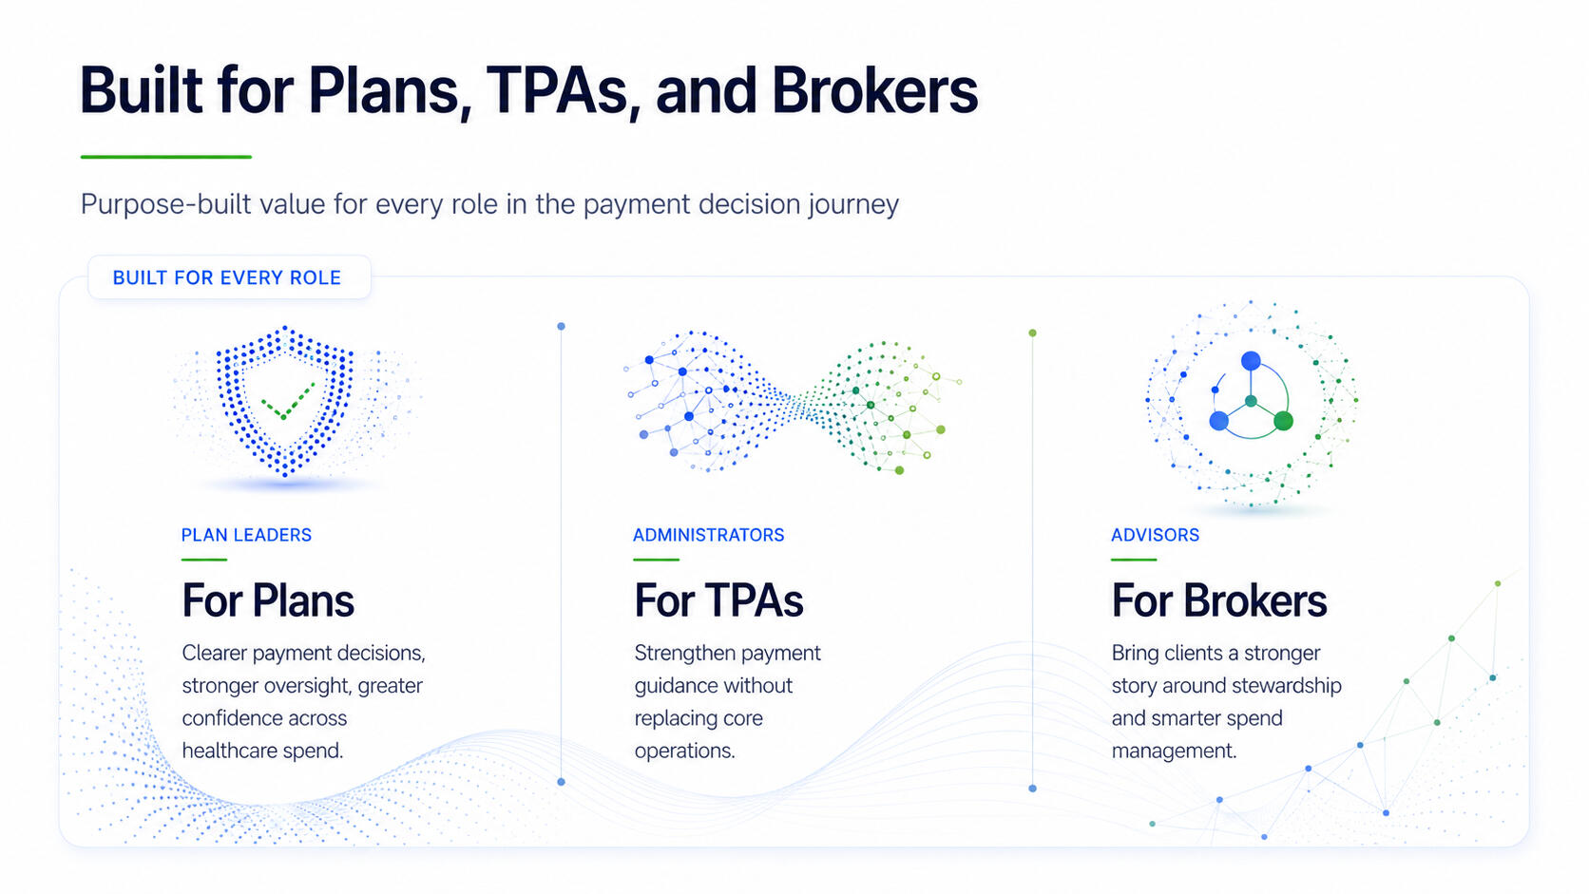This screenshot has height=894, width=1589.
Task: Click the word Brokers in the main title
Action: [x=874, y=91]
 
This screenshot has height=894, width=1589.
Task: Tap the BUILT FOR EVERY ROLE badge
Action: [x=229, y=277]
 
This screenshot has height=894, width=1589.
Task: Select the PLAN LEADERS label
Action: [x=246, y=535]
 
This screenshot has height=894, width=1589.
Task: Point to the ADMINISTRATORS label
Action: [x=708, y=535]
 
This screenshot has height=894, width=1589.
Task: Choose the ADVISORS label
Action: [x=1155, y=535]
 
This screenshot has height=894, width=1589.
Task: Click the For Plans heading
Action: [x=268, y=601]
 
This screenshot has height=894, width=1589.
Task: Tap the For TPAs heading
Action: [x=718, y=601]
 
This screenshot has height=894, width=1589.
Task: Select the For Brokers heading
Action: [x=1218, y=601]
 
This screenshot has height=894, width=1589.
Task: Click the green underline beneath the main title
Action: [x=166, y=157]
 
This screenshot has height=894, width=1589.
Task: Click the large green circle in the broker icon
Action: [x=1283, y=421]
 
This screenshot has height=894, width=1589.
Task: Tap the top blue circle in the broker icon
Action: [x=1251, y=361]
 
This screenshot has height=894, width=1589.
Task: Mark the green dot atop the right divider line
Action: [x=1032, y=333]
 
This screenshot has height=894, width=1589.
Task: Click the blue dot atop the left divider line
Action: [x=561, y=326]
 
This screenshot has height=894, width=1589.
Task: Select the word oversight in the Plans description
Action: [x=306, y=686]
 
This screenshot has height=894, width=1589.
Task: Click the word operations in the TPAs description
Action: [x=684, y=751]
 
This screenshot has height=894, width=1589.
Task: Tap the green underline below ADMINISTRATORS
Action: [x=656, y=560]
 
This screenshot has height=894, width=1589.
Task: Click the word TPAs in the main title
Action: [x=557, y=91]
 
